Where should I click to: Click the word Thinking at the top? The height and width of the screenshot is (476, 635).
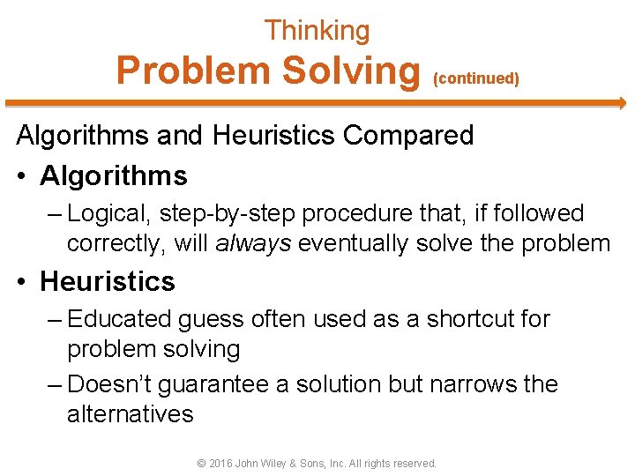point(317,31)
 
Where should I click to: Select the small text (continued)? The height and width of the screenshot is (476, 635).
point(476,78)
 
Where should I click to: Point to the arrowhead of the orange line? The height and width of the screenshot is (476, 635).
point(620,103)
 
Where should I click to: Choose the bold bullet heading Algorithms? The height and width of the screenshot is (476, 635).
point(114,175)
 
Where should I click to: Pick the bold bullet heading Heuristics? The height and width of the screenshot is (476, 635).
point(108,281)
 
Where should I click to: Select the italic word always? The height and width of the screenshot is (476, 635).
point(253,243)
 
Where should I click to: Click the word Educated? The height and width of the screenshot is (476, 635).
point(122,318)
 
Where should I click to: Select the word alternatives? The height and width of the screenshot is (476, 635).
point(130,413)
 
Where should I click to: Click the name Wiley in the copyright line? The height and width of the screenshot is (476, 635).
point(281,463)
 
